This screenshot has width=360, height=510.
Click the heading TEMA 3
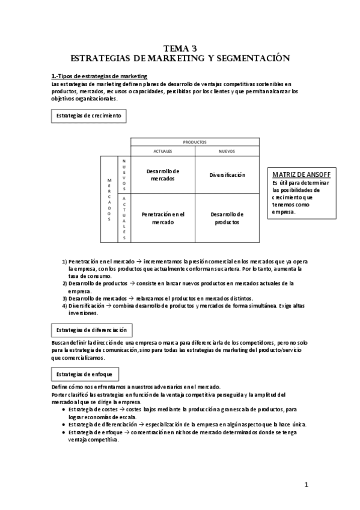tap(180, 48)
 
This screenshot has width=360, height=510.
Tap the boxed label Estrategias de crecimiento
tap(88, 115)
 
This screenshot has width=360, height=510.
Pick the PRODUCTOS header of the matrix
tap(195, 142)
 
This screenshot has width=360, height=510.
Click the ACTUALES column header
tap(162, 151)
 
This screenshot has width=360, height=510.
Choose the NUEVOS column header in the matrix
tap(227, 151)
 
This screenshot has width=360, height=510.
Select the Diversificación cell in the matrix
tap(227, 175)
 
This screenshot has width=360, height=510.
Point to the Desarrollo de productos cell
tap(227, 218)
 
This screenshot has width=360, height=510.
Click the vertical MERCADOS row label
tap(109, 199)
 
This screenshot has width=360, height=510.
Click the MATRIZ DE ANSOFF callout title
tap(297, 174)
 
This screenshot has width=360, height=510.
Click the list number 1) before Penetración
tap(64, 262)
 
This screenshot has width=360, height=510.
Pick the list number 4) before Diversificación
tap(64, 306)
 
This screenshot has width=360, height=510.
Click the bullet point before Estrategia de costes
tap(64, 410)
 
